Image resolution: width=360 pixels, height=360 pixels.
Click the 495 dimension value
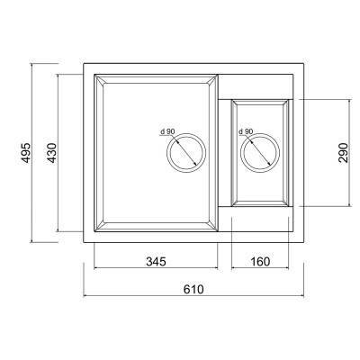pos(26,153)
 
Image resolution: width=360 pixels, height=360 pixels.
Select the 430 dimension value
pos(52,153)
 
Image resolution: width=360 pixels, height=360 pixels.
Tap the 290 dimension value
pos(343,153)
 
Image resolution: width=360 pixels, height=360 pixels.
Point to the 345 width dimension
pos(156,262)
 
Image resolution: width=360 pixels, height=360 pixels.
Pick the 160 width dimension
pos(260,262)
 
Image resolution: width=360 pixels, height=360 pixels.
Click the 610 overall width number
pos(193,290)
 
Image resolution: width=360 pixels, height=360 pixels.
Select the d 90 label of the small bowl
pos(246,131)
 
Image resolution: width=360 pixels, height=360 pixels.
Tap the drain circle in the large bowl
pos(186,133)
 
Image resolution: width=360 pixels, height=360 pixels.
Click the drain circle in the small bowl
pos(260,133)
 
